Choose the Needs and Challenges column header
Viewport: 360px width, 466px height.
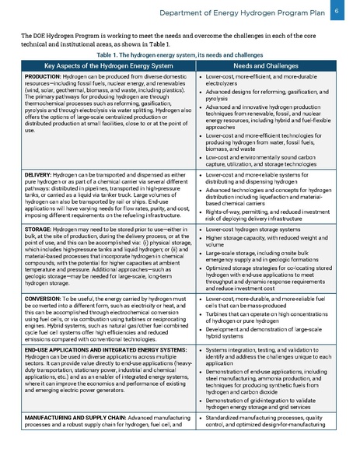pos(271,67)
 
